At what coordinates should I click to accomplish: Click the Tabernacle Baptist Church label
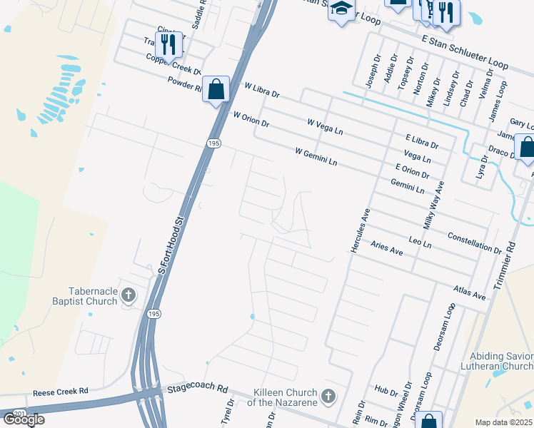coord(92,296)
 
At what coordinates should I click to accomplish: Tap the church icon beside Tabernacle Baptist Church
coord(129,295)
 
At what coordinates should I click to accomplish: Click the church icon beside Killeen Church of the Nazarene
coord(328,396)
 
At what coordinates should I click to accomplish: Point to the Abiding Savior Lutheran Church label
coord(500,361)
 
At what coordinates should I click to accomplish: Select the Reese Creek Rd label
coord(60,392)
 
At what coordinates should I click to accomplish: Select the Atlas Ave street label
coord(469,291)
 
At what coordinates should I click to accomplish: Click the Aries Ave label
coord(387,248)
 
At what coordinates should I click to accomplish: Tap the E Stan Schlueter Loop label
coord(465,53)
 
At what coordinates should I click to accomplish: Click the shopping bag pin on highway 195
coord(216,90)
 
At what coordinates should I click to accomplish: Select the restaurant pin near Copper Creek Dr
coord(169,44)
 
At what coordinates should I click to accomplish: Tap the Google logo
coord(24,419)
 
